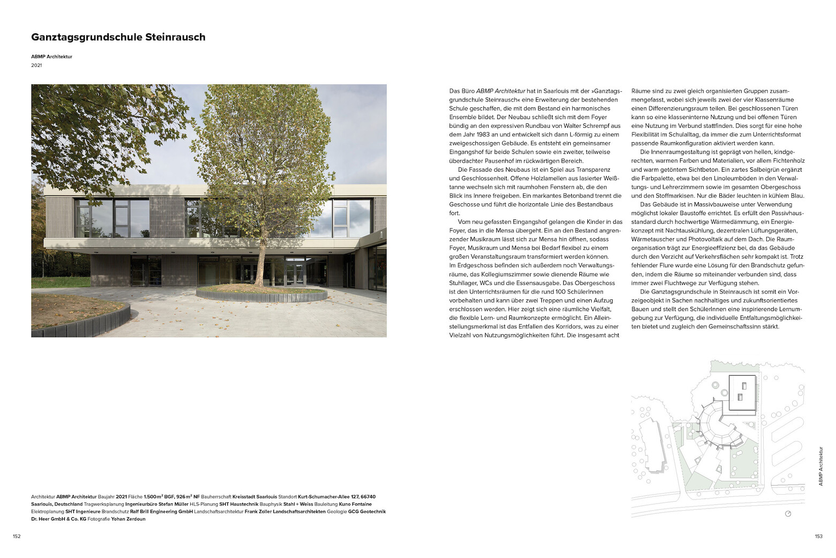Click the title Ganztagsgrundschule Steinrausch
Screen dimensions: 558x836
click(118, 37)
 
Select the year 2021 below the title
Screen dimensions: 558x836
click(36, 65)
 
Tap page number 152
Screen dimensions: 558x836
click(17, 536)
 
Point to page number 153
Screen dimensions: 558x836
click(818, 536)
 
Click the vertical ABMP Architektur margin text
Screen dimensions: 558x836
click(820, 466)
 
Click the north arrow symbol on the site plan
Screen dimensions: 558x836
click(788, 513)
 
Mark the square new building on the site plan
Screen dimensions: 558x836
click(742, 393)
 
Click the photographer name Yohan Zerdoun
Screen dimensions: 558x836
click(128, 519)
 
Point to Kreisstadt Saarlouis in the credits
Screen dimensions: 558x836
click(255, 497)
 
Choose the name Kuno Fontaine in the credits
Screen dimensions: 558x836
click(355, 504)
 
